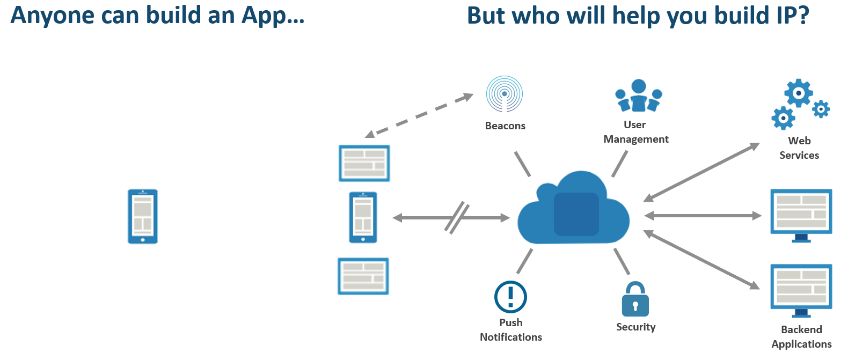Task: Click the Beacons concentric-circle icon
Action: tap(504, 94)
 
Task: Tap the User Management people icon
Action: tap(639, 95)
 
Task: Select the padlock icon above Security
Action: tap(635, 299)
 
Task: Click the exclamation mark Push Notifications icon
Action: tap(510, 297)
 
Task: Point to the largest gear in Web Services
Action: tap(799, 93)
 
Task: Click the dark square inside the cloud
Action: tap(576, 214)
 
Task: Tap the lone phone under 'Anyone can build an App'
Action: tap(143, 216)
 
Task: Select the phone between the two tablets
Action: tap(363, 217)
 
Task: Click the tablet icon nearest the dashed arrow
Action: tap(364, 163)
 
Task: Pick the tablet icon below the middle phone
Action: tap(363, 276)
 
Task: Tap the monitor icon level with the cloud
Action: tap(801, 216)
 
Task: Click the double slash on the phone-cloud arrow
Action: tap(457, 218)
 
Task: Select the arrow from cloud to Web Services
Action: tap(701, 172)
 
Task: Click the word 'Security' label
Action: tap(636, 327)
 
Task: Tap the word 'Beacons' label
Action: tap(505, 126)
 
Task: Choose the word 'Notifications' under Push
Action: tap(511, 337)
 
